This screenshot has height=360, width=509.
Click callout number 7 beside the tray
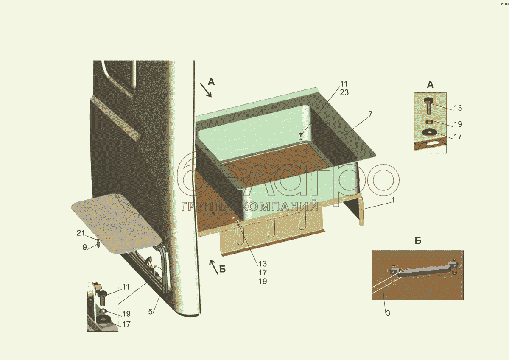[x=370, y=114]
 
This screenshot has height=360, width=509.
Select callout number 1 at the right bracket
[x=393, y=200]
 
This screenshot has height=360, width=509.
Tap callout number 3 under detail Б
[x=388, y=313]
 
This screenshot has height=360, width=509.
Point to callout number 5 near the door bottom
[x=151, y=312]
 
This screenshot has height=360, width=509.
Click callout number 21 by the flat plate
[x=81, y=233]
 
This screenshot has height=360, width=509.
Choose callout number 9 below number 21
[x=84, y=247]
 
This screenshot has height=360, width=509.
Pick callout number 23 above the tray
[x=344, y=92]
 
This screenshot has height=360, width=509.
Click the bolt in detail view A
[x=428, y=106]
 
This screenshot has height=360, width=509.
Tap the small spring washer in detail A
[x=429, y=122]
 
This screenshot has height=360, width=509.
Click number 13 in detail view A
[x=458, y=108]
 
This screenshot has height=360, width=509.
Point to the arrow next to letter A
[x=206, y=90]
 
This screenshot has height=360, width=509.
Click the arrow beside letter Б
[x=214, y=267]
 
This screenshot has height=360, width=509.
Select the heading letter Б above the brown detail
[x=418, y=240]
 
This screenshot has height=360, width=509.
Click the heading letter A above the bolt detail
[x=430, y=85]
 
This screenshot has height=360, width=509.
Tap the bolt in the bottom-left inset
[x=102, y=298]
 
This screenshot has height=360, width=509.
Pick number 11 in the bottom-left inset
[x=126, y=287]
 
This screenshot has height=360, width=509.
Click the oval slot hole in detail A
[x=433, y=144]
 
